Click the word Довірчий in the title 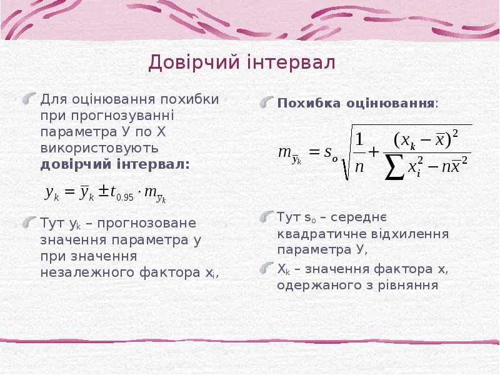pos(183,62)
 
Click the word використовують pos(99,149)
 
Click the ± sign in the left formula pos(103,193)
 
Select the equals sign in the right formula pos(314,152)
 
